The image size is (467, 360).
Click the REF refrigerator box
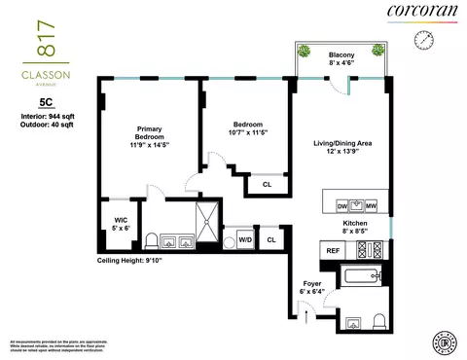coord(332,249)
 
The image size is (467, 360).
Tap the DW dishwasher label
coord(341,206)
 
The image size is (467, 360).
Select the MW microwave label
coord(373,206)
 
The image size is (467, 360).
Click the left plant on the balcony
coord(305,52)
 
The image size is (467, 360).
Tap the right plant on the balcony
coord(374,52)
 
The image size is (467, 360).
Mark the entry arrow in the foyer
coord(309,313)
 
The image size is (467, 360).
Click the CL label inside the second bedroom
coord(266,184)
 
